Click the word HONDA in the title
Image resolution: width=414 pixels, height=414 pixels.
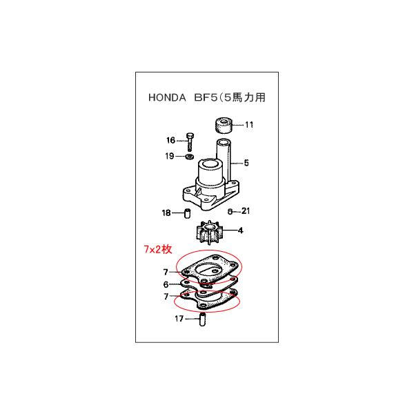point(168,97)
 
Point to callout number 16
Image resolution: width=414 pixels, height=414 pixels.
point(170,140)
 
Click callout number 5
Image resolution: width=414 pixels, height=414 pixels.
point(246,164)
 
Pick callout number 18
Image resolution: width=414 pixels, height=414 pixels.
point(166,213)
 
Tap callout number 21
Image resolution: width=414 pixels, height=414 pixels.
point(248,211)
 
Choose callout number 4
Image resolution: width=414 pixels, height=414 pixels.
point(241,230)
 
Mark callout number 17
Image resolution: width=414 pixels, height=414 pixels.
point(179,319)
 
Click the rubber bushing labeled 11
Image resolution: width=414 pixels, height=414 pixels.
point(221,126)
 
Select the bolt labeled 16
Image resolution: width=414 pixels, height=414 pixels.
point(190,141)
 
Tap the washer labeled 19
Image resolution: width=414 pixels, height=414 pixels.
point(190,157)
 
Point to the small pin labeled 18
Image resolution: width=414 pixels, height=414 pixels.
point(186,213)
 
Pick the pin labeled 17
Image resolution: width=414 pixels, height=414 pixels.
point(204,320)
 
